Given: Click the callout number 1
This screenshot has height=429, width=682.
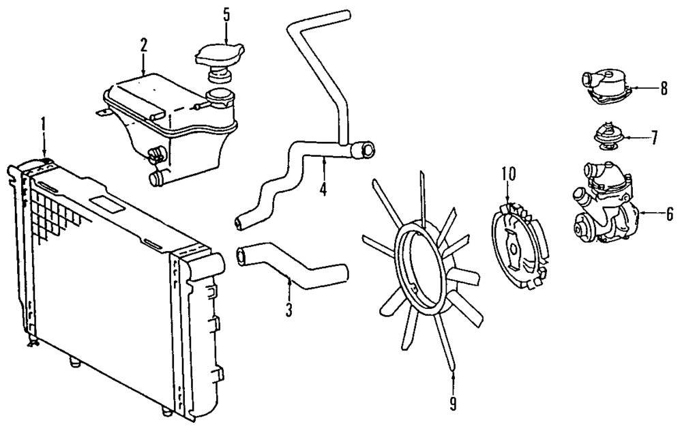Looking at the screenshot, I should coord(44,125).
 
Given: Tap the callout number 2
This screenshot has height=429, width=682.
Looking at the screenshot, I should coord(144,46).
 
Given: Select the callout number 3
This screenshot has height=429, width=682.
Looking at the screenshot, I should coord(289,310).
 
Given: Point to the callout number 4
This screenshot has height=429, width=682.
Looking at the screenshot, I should coord(323,188).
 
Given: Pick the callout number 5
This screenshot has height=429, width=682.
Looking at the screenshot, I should coord(226,14).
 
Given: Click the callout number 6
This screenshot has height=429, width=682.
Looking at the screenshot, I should coord(669,214).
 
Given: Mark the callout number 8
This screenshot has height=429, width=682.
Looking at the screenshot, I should coord(663,89).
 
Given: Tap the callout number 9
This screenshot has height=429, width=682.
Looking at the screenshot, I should coord(453,404).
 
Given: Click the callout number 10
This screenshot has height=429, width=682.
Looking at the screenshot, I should coord(507,175).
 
